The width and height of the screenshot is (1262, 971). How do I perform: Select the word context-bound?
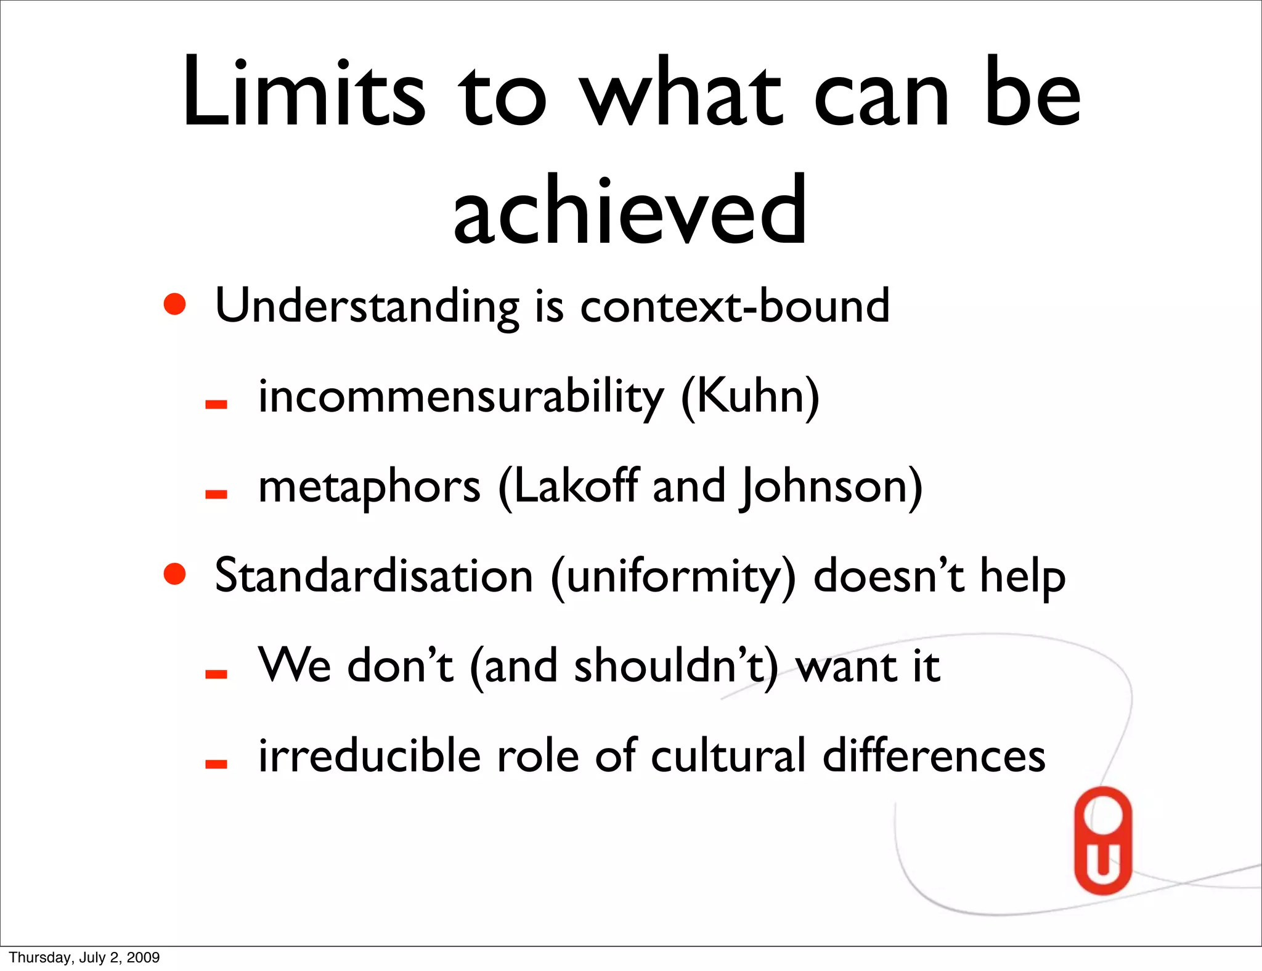click(x=735, y=306)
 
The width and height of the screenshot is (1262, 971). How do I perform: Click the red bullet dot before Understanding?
click(x=175, y=304)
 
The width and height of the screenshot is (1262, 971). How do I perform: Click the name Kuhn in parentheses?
click(x=751, y=396)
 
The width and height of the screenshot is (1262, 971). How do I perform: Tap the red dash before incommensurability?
click(x=216, y=405)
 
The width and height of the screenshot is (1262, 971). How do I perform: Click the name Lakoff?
click(x=576, y=485)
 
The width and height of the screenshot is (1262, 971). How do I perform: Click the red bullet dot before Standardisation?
click(x=175, y=574)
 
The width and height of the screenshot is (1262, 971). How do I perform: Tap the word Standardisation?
click(x=373, y=575)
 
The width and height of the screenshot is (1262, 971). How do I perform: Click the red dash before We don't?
click(x=216, y=675)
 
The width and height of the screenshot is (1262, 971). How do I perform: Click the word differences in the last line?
click(x=934, y=755)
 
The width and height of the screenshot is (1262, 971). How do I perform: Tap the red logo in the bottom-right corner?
click(x=1103, y=840)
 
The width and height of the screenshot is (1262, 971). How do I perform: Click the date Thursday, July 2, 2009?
click(x=84, y=957)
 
